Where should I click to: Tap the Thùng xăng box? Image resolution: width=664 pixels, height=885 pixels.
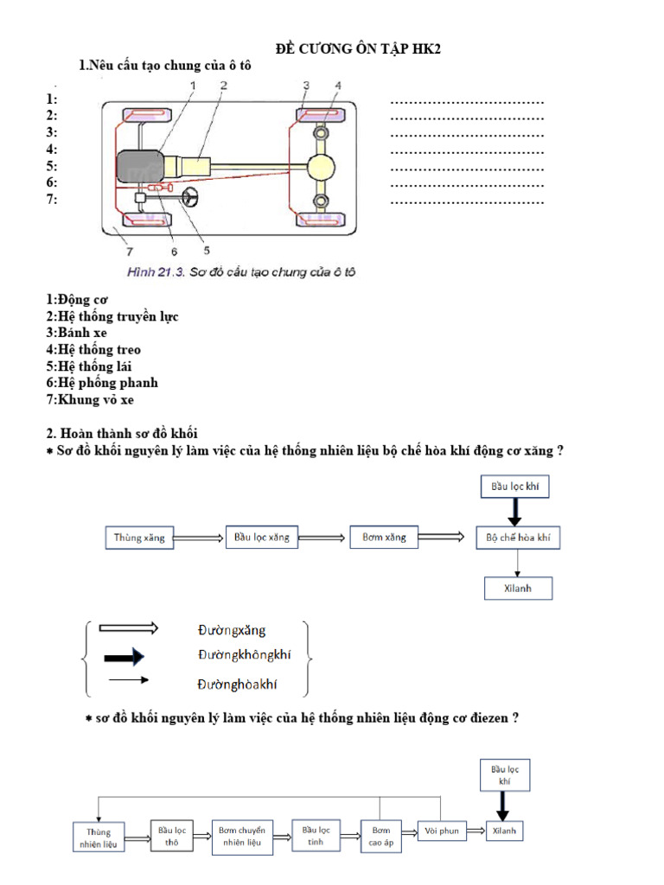point(138,538)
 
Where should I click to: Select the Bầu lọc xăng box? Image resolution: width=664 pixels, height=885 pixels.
point(261,537)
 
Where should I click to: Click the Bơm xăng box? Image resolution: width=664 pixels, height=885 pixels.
point(384,537)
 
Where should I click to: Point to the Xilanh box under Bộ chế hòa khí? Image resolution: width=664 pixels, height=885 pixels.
point(517,588)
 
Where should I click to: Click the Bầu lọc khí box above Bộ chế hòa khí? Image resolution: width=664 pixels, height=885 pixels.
point(514,487)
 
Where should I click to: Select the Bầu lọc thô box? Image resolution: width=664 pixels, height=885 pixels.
point(170,836)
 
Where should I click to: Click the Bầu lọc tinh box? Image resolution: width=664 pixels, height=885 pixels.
point(316,836)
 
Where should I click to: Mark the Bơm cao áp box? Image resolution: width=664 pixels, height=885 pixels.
point(381,836)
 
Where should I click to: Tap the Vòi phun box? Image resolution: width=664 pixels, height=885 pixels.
point(442,831)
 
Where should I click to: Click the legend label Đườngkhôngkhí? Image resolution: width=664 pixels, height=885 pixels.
point(244,654)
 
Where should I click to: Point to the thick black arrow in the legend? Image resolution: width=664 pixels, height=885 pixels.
point(123,659)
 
